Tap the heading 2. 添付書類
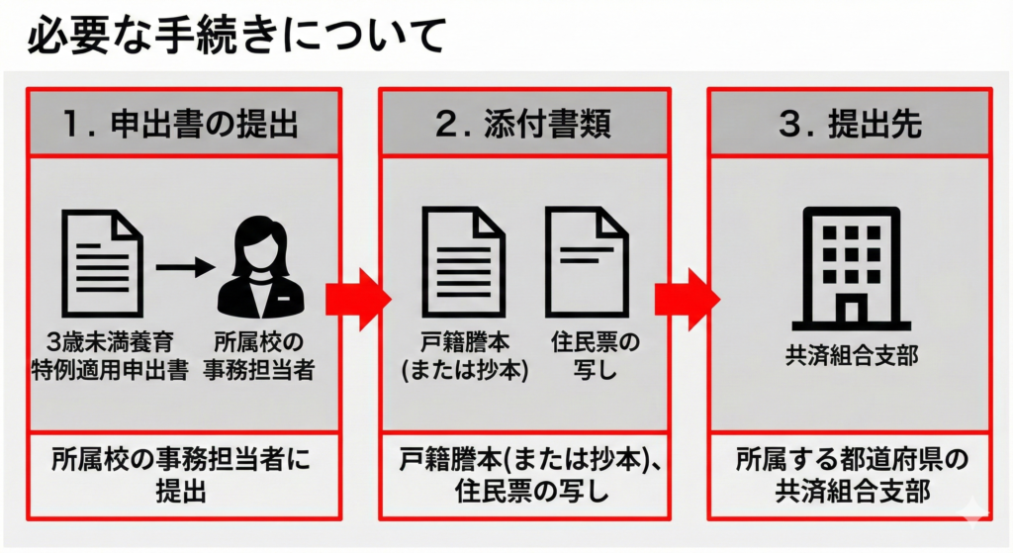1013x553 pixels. click(523, 123)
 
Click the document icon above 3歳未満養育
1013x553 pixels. click(102, 260)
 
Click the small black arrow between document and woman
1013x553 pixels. click(184, 265)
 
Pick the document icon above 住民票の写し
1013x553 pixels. click(587, 260)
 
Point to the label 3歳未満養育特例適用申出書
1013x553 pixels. click(102, 357)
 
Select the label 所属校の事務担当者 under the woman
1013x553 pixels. click(262, 357)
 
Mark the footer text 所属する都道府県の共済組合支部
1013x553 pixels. click(850, 475)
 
